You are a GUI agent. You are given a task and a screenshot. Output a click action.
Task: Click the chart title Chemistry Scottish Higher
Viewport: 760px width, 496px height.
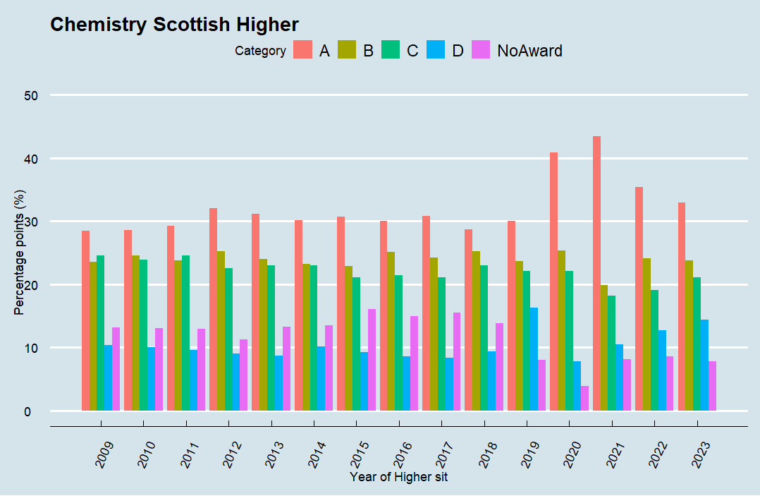click(175, 25)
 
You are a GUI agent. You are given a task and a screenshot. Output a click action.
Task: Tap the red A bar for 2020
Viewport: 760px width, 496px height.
click(554, 282)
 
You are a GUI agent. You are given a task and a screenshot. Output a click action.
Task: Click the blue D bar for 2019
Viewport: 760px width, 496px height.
click(534, 358)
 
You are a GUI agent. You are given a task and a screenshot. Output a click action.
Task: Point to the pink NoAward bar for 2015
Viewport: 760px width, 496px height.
click(372, 359)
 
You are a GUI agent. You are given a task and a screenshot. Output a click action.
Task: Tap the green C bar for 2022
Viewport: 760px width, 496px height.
click(654, 350)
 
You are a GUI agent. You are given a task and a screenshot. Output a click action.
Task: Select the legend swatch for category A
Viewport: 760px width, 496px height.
click(303, 50)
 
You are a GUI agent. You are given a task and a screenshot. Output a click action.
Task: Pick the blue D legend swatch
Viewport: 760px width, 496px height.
click(436, 50)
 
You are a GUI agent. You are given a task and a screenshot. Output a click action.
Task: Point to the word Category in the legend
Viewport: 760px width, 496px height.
click(260, 51)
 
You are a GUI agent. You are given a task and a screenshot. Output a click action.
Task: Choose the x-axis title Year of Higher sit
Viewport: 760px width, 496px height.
click(399, 477)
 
